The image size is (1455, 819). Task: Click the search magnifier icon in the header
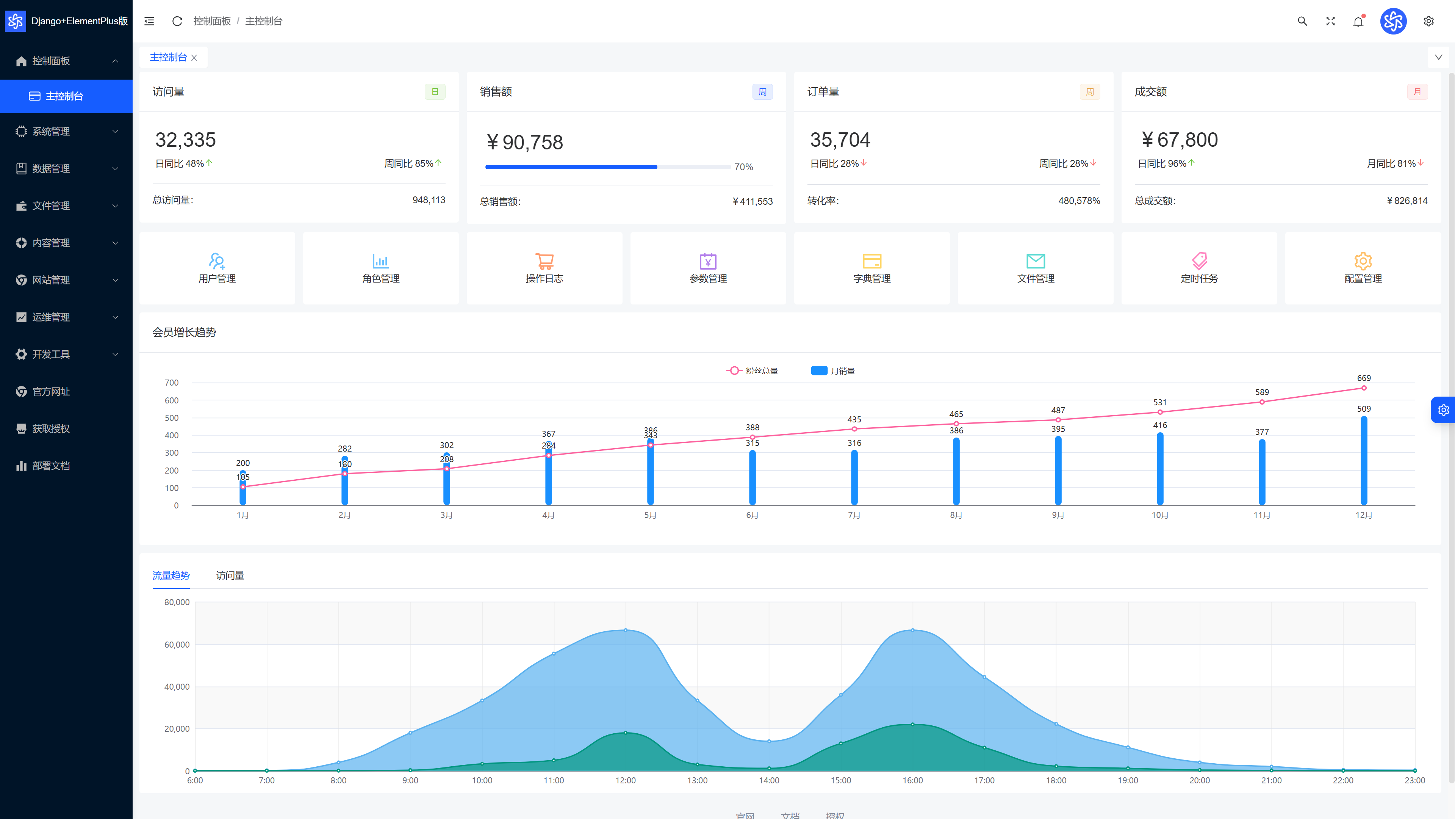coord(1302,21)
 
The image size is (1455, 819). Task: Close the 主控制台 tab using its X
coord(194,58)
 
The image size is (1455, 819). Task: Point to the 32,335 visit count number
coord(185,140)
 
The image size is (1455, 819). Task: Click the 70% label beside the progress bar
coord(743,167)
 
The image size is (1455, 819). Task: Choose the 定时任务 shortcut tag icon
coord(1199,260)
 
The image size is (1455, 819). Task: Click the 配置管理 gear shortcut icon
coord(1363,260)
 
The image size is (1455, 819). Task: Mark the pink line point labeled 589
coord(1262,402)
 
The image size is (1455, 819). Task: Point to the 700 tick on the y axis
coord(172,383)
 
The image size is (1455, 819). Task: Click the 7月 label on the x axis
coord(854,515)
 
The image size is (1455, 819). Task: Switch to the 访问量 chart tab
coord(230,576)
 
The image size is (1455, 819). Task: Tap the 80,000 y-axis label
coord(177,602)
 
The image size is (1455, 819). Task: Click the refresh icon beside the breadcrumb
coord(177,21)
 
